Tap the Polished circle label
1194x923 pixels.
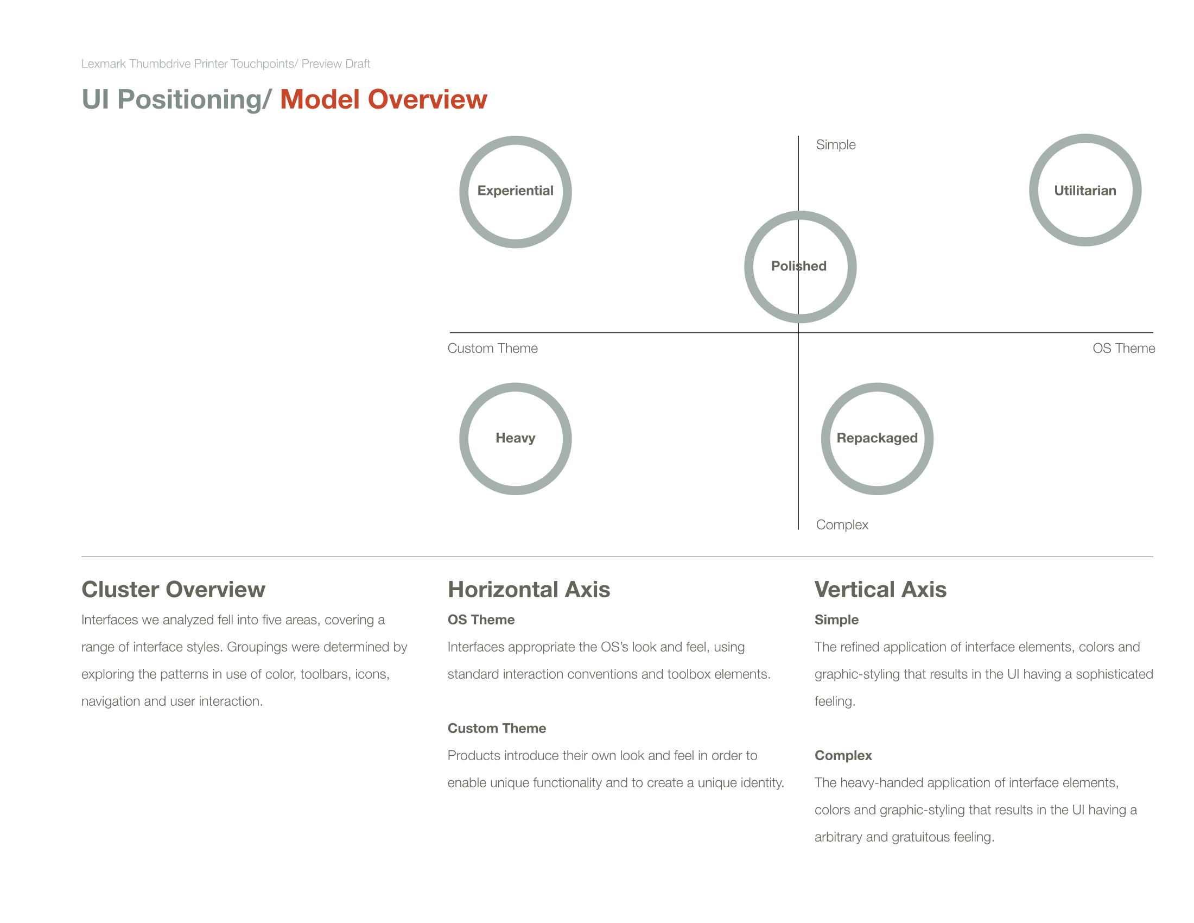pos(799,266)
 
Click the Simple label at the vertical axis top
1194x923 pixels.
pos(836,145)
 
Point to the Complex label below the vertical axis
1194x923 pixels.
pos(842,525)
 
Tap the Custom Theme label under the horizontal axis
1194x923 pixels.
pos(493,349)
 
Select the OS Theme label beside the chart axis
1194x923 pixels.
pos(1123,349)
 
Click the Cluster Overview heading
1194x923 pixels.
pos(173,590)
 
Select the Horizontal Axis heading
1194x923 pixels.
pos(529,590)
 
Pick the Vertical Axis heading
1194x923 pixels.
pos(880,590)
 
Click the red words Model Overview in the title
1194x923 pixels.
pos(383,99)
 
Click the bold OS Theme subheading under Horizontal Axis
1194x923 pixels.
pos(481,619)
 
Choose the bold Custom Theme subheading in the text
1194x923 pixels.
pos(497,728)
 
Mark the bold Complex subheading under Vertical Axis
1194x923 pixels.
pos(843,756)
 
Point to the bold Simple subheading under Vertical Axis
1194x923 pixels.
pos(836,620)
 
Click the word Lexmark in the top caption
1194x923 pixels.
pos(104,64)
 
